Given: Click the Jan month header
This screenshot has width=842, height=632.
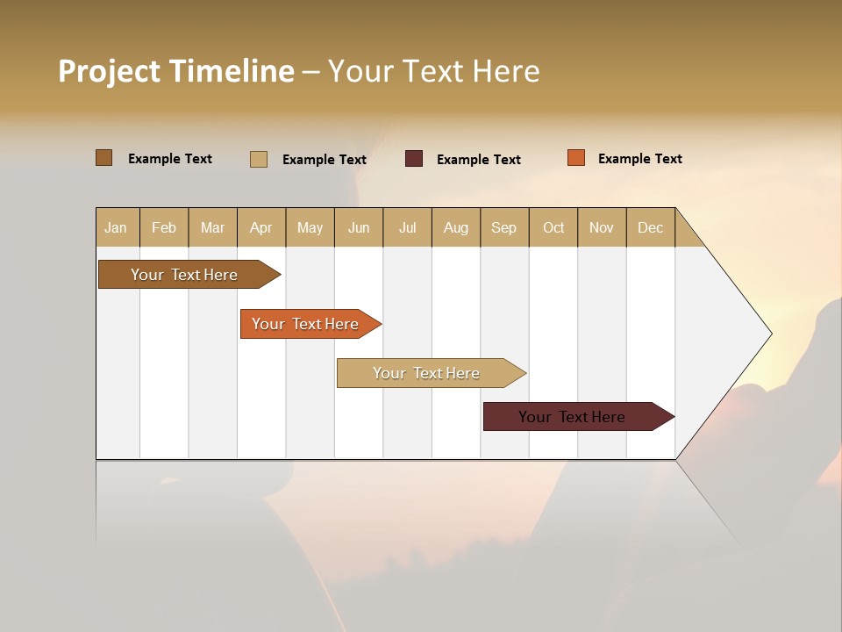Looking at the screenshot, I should coord(116,227).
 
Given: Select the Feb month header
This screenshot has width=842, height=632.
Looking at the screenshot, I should coord(164,227).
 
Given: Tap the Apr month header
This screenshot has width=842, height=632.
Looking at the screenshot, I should coord(261,227).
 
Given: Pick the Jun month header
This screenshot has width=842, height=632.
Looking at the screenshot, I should coord(359,227).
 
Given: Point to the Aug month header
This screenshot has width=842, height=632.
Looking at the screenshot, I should coord(456,227).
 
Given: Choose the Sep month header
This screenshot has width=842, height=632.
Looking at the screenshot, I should coord(504,227).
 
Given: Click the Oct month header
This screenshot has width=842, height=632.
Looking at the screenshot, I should coord(553,227).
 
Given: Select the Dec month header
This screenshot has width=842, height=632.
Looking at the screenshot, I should coord(651,227).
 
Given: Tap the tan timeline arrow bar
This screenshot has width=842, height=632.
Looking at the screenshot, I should coord(427,373).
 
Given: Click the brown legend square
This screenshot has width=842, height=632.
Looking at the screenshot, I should coord(103,158).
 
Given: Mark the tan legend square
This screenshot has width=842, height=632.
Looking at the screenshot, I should coord(259,159).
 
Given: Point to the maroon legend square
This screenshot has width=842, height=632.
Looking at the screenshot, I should coord(414,159).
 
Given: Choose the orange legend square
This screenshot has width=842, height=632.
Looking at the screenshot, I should coord(575,158).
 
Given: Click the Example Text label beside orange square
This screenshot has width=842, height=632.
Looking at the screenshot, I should coord(640,159).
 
